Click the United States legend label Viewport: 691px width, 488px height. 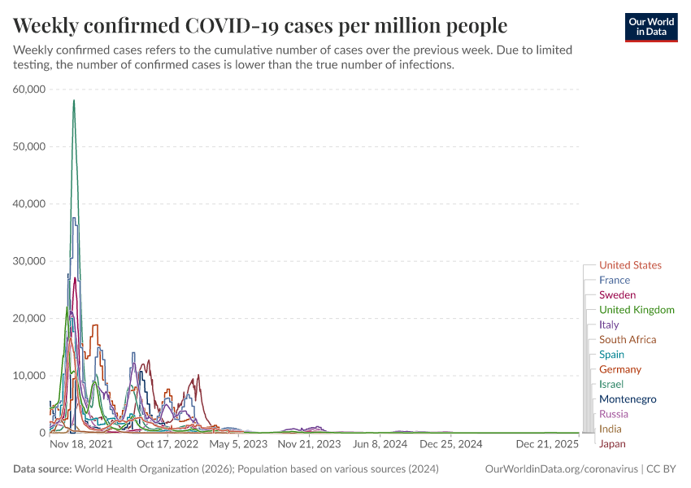(630, 265)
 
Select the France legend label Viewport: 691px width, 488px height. (614, 280)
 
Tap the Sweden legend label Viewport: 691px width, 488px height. (617, 295)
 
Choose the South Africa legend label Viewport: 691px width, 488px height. (628, 340)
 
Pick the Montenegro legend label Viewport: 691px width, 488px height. (628, 399)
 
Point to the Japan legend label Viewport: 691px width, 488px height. (612, 444)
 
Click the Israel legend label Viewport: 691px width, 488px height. (611, 385)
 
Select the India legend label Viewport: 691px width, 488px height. (611, 429)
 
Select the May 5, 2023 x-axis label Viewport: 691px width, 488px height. (239, 445)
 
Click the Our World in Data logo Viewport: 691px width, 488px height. (650, 28)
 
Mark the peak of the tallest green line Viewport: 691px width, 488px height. (74, 100)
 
